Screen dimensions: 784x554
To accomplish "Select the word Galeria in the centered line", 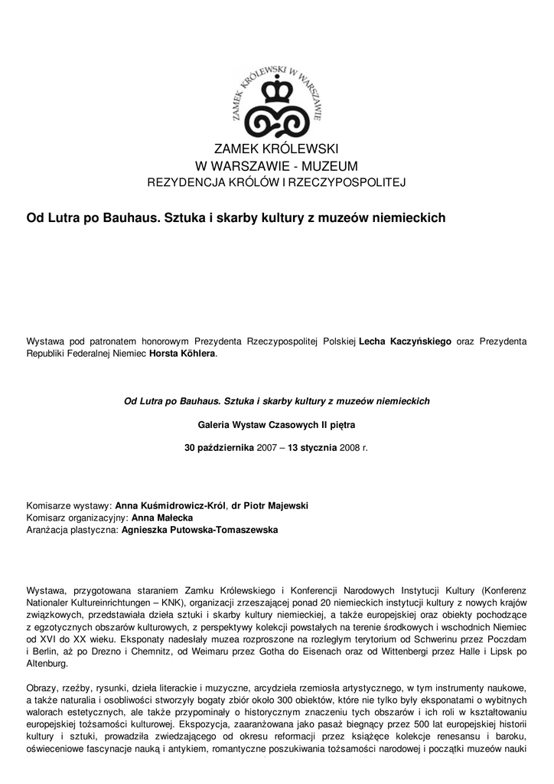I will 216,423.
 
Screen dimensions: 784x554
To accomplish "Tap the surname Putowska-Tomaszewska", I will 200,530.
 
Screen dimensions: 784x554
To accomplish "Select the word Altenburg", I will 47,663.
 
